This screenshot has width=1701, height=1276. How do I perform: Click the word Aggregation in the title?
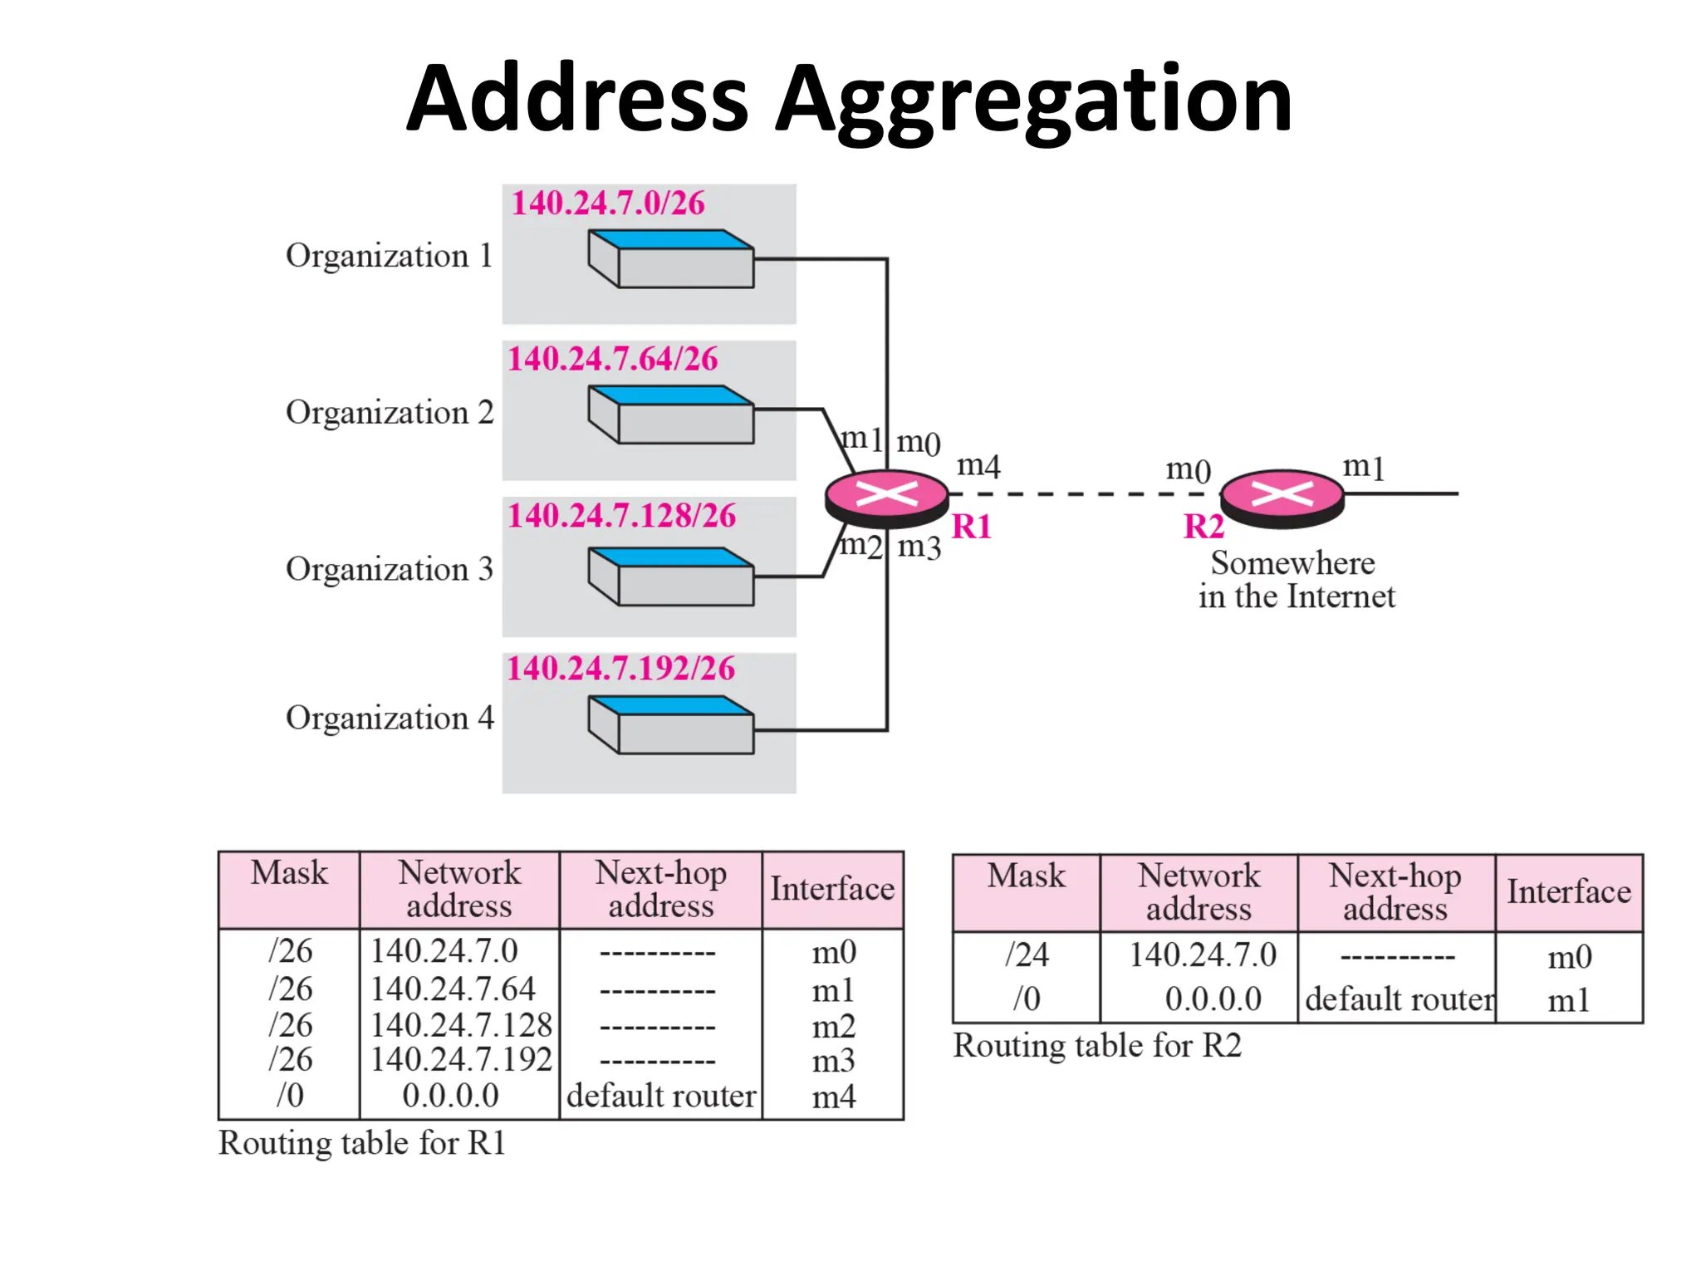click(1033, 100)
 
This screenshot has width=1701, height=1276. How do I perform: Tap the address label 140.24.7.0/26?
click(608, 204)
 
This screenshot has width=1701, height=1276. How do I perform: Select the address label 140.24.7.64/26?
click(613, 359)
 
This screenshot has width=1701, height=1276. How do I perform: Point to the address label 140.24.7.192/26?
click(621, 669)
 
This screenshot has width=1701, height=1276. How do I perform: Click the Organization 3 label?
click(389, 570)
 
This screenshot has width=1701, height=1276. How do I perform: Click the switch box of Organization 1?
click(671, 259)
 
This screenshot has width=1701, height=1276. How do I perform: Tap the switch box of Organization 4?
click(671, 725)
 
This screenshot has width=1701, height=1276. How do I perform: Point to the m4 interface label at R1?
click(978, 465)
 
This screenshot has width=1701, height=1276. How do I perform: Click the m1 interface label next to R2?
click(1363, 467)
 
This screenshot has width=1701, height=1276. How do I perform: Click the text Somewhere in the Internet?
click(1296, 580)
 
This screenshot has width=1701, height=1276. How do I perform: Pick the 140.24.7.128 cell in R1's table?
click(461, 1025)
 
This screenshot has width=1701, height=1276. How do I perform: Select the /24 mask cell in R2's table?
click(1027, 955)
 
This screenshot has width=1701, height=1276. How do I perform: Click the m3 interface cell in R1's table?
click(833, 1061)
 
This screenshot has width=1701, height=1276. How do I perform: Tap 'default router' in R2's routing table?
click(1399, 999)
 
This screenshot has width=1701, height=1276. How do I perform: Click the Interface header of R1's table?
click(832, 889)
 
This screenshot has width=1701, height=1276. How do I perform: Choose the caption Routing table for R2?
click(1096, 1046)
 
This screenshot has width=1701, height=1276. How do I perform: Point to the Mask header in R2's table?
click(1026, 876)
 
